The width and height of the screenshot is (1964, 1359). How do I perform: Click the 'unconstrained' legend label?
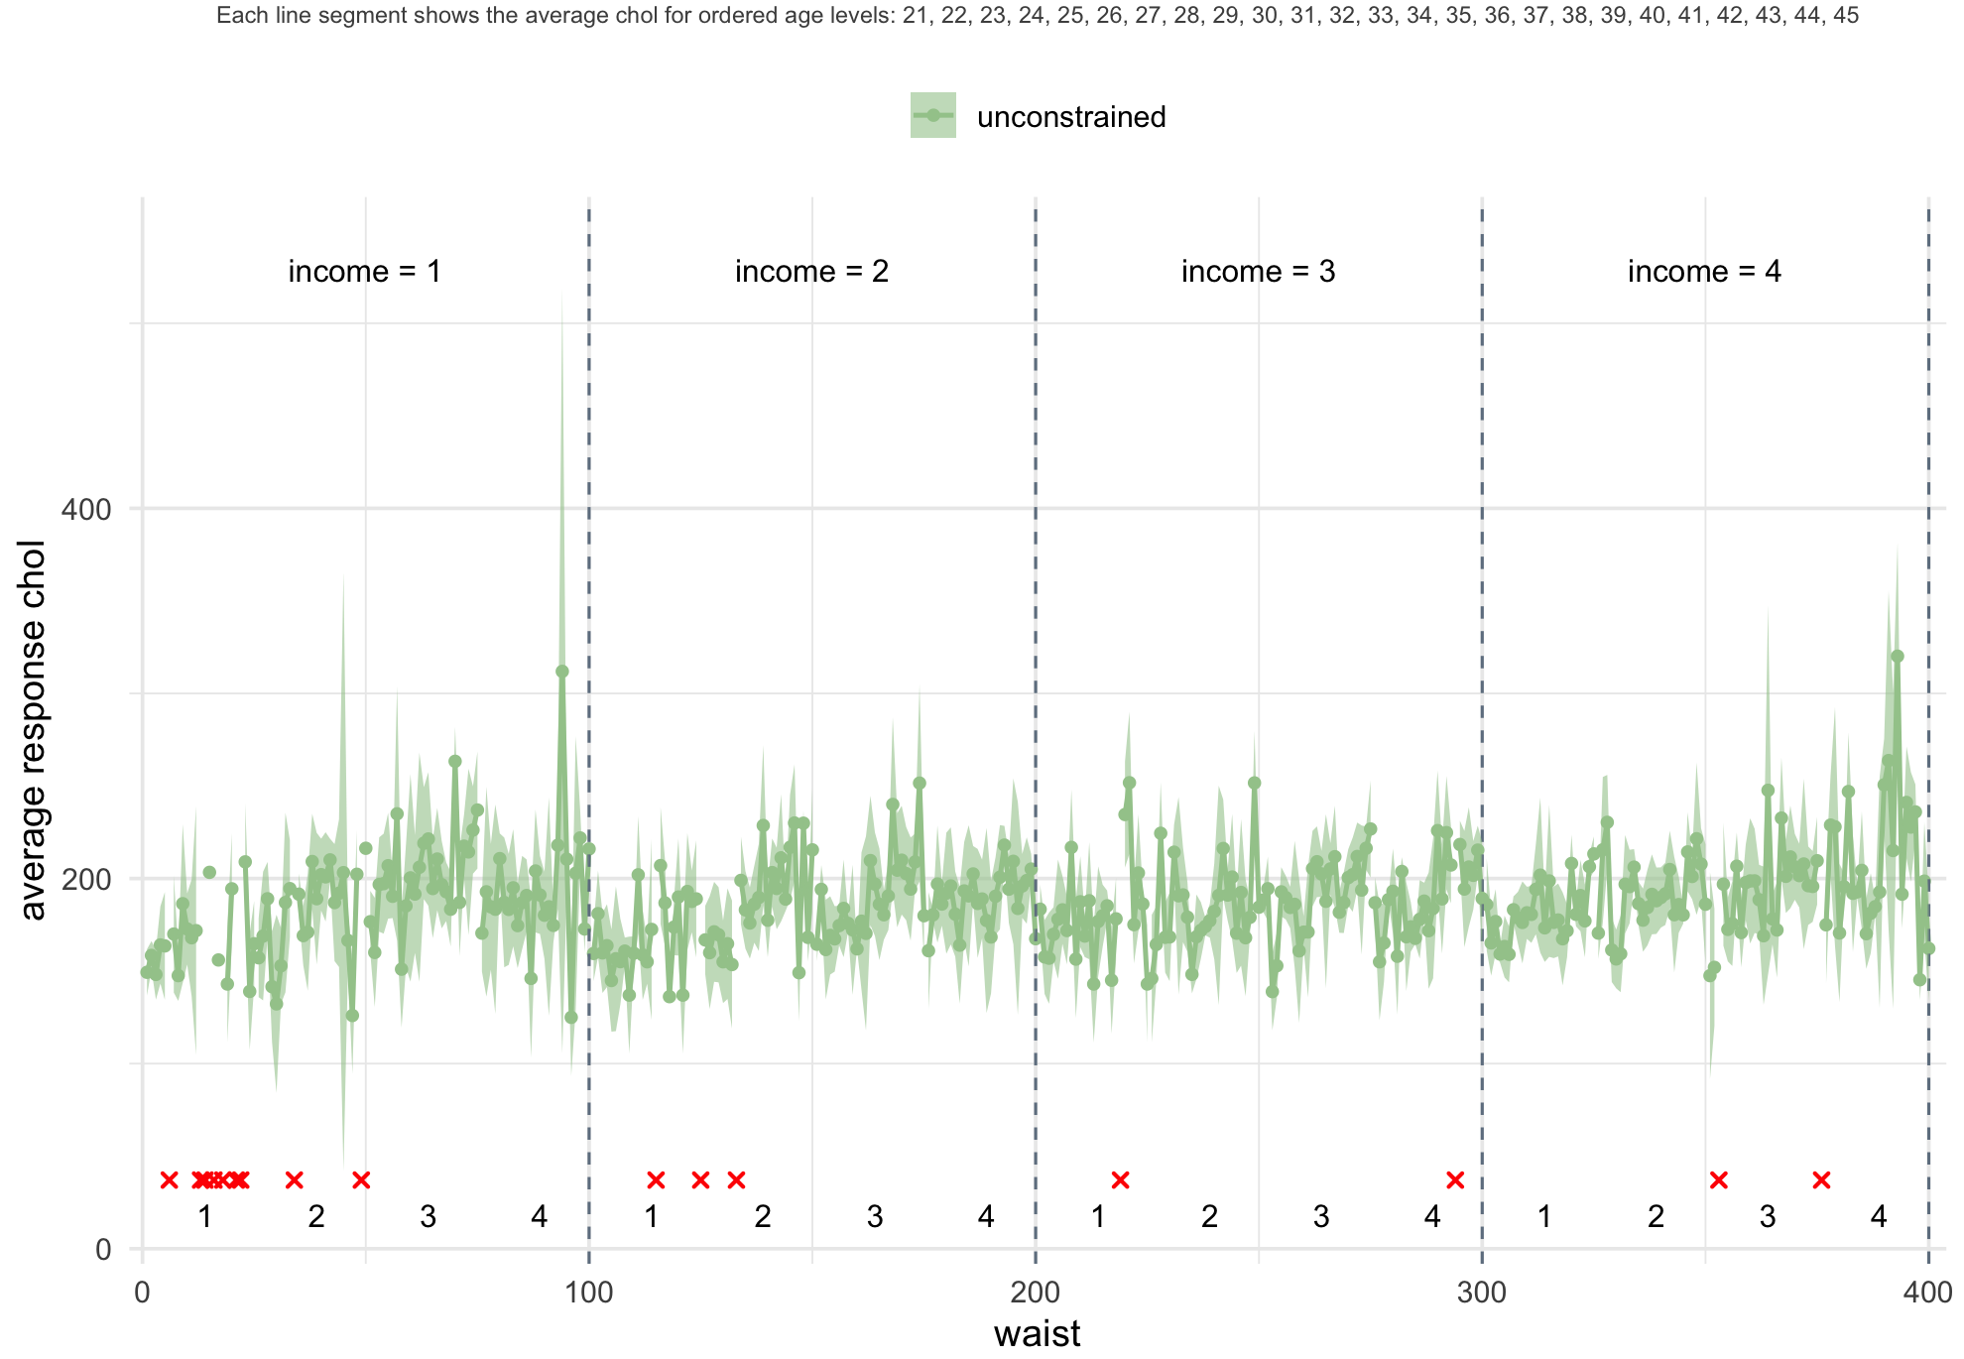[1070, 117]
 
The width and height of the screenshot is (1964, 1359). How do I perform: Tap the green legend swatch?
[932, 116]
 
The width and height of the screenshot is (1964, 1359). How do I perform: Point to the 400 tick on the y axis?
[87, 510]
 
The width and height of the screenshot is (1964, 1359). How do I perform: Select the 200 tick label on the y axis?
[87, 880]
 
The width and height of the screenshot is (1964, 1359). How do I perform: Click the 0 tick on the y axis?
[102, 1250]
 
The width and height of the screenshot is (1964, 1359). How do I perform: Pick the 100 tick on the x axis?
[589, 1293]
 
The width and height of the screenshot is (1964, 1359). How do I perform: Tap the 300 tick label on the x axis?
[1482, 1293]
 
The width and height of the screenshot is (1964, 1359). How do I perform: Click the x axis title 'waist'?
[1037, 1333]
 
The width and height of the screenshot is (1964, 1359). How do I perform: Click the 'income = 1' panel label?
[364, 271]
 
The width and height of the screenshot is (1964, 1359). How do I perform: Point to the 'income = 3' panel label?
[1258, 271]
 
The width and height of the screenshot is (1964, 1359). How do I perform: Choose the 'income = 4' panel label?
[1704, 271]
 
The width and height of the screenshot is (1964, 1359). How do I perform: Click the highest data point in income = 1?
[562, 672]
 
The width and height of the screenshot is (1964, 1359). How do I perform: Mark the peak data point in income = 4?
[1898, 656]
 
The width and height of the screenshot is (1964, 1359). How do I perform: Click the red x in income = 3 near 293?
[1455, 1179]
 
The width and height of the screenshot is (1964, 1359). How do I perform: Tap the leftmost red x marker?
[169, 1179]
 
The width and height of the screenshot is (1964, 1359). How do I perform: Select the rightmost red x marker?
[1821, 1179]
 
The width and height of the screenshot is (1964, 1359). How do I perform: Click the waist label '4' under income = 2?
[985, 1216]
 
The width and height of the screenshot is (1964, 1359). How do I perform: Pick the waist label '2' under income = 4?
[1656, 1216]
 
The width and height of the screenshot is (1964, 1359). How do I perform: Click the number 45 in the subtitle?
[1846, 15]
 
